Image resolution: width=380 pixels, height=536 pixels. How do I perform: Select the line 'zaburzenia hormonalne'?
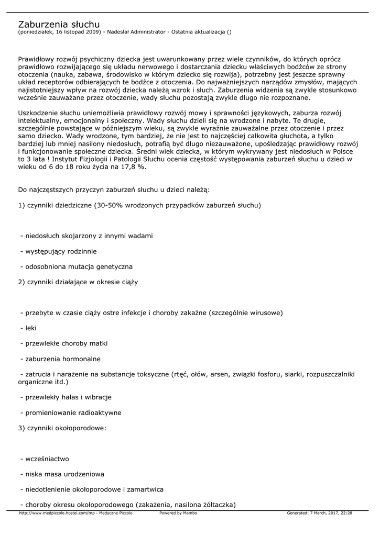point(60,359)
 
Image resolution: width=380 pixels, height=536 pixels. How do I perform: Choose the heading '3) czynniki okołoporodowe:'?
point(62,428)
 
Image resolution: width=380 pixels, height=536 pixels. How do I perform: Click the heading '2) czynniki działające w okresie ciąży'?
point(78,282)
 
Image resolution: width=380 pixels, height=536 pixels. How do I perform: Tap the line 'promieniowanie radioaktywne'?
point(70,412)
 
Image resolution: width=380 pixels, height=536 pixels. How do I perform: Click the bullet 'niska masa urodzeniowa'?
point(62,474)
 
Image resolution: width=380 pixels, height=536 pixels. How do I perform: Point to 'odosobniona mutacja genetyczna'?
point(76,266)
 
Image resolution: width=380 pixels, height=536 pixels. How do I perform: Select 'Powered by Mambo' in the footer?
point(178,513)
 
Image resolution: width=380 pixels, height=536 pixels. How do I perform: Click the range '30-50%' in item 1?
point(110,205)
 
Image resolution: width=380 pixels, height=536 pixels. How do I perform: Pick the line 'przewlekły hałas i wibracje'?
point(66,397)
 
